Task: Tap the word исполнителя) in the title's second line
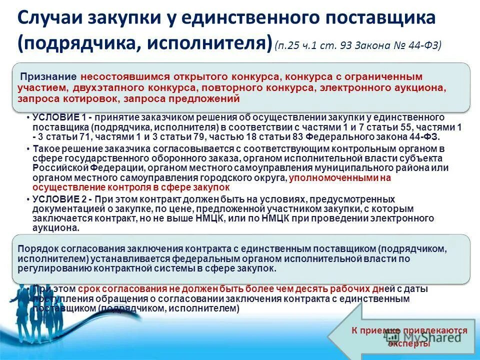(210, 43)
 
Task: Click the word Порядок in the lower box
(34, 248)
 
